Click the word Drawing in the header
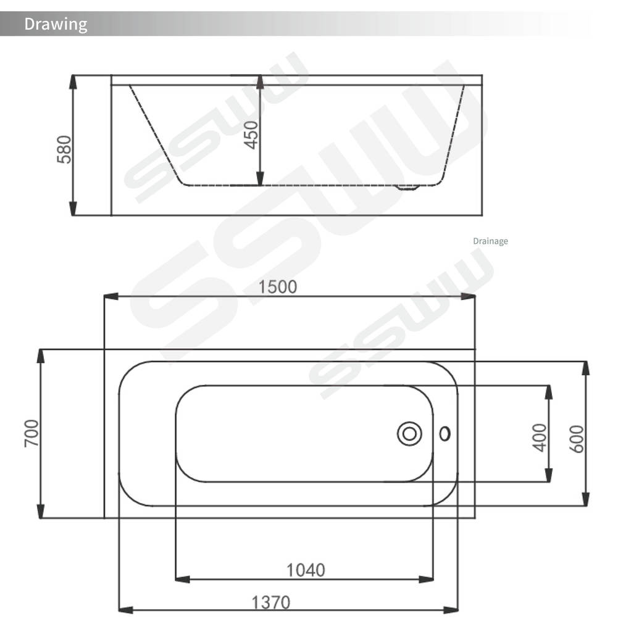pyautogui.click(x=56, y=24)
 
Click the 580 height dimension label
pyautogui.click(x=64, y=149)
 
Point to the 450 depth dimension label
pyautogui.click(x=251, y=135)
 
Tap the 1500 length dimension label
pyautogui.click(x=277, y=286)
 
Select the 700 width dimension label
pyautogui.click(x=31, y=433)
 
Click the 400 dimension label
pyautogui.click(x=539, y=438)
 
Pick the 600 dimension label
pyautogui.click(x=577, y=439)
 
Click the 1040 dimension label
pyautogui.click(x=306, y=570)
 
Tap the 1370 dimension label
pyautogui.click(x=270, y=602)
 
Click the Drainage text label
pyautogui.click(x=490, y=241)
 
